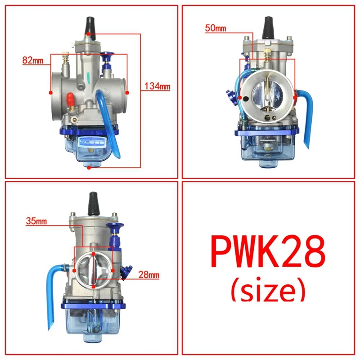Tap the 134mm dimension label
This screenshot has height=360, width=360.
coord(157,86)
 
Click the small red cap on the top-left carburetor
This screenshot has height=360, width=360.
coord(70,98)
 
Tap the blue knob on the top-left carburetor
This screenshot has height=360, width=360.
coord(108,58)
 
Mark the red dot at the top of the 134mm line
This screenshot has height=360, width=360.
coord(90,34)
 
